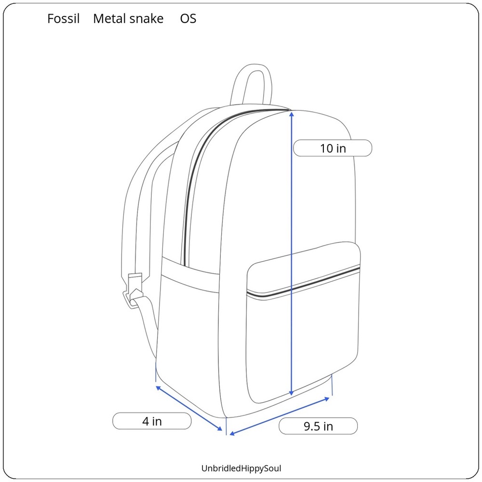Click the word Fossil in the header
coord(63,19)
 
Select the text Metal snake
coord(128,19)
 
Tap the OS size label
coord(188,19)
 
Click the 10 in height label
coord(333,148)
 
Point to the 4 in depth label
coord(152,421)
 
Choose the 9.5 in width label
coord(318,427)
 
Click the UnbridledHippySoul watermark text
coord(241,469)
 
